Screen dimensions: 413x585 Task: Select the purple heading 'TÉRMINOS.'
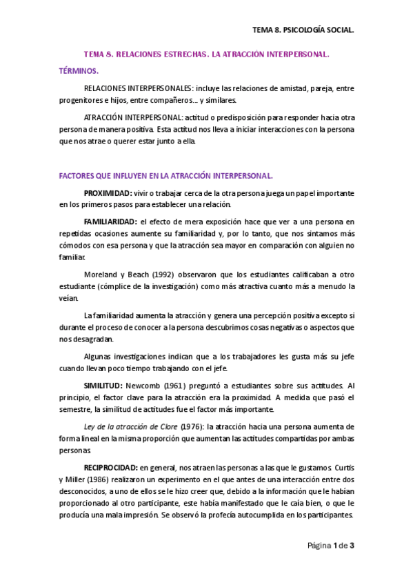tap(79, 70)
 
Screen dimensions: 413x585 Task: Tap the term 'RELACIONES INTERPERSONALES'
tap(128, 89)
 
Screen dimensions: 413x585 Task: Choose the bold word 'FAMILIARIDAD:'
tap(110, 221)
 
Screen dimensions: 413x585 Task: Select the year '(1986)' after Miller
tap(105, 481)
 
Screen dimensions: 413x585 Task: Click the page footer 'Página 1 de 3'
tap(330, 546)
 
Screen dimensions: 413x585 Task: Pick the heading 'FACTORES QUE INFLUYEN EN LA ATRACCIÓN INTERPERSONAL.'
tap(166, 175)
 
